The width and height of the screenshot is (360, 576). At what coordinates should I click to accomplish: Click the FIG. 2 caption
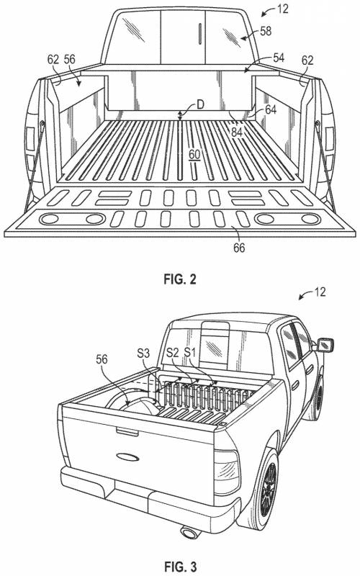(x=179, y=279)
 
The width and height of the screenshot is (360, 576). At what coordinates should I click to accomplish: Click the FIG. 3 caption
(x=179, y=566)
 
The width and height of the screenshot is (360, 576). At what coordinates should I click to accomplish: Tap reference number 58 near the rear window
(x=266, y=31)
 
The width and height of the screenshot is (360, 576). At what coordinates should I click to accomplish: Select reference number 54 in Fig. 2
(x=279, y=58)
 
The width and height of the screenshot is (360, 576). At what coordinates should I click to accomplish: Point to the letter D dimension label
(x=200, y=104)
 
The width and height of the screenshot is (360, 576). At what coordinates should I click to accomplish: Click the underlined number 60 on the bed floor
(x=194, y=155)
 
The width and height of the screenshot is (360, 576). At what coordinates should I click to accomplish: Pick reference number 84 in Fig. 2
(x=237, y=132)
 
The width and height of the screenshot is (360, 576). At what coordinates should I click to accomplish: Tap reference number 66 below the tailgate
(x=239, y=248)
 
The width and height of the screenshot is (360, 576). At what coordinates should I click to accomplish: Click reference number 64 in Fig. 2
(x=271, y=109)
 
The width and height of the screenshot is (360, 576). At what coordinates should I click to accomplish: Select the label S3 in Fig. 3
(x=143, y=354)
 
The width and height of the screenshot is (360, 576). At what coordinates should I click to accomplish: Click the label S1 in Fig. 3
(x=190, y=353)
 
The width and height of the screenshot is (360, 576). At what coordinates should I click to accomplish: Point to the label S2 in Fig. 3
(x=172, y=353)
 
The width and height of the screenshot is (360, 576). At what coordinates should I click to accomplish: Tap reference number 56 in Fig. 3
(x=102, y=359)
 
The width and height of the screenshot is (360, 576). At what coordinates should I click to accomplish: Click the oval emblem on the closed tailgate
(x=128, y=457)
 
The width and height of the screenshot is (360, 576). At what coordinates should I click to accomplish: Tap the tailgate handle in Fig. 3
(x=127, y=431)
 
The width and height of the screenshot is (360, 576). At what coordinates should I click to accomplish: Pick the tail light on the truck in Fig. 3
(x=226, y=472)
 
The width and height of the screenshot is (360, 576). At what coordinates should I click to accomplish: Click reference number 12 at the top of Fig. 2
(x=282, y=9)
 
